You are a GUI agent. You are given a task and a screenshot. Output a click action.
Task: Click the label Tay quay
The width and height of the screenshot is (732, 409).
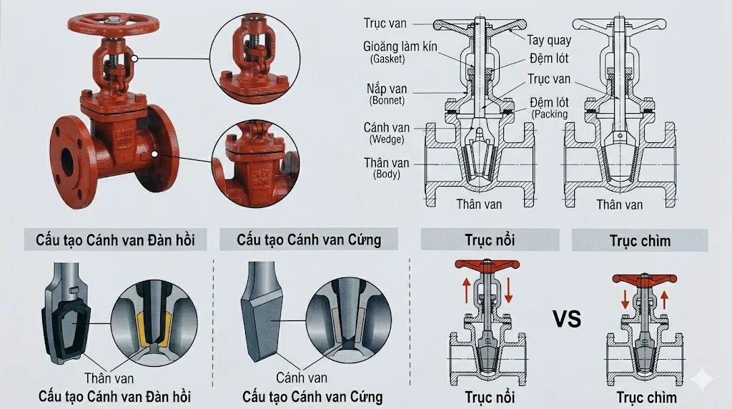tap(548, 40)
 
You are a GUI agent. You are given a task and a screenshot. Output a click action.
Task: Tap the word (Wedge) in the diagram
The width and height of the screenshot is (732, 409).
tap(387, 139)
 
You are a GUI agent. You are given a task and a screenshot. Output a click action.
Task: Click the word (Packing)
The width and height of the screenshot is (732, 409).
tap(549, 114)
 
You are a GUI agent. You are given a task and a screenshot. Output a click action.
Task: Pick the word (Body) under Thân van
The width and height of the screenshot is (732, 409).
tap(387, 174)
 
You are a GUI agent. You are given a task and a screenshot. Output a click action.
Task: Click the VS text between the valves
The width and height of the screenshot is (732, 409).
tap(567, 320)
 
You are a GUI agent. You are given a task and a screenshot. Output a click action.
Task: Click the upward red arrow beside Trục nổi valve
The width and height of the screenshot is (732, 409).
tap(465, 290)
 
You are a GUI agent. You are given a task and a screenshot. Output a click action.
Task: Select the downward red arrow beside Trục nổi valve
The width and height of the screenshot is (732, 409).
tap(509, 290)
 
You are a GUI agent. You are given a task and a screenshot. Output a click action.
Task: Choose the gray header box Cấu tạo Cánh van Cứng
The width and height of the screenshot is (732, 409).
tap(309, 240)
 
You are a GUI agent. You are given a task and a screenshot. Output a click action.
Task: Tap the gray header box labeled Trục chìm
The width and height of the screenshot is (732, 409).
tap(640, 240)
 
